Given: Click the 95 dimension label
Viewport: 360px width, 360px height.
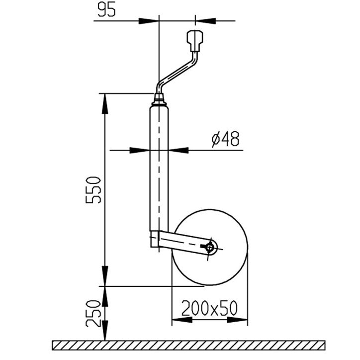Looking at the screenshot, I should point(106,10).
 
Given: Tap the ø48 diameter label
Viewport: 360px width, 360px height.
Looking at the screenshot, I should point(225,139).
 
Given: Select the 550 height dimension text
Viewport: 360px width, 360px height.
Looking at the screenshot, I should point(93,189).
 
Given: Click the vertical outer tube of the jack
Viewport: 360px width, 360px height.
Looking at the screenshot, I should point(159,164).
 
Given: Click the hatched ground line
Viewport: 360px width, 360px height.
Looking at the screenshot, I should point(189,345).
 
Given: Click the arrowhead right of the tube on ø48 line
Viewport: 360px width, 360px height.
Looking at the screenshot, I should point(179,150).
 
